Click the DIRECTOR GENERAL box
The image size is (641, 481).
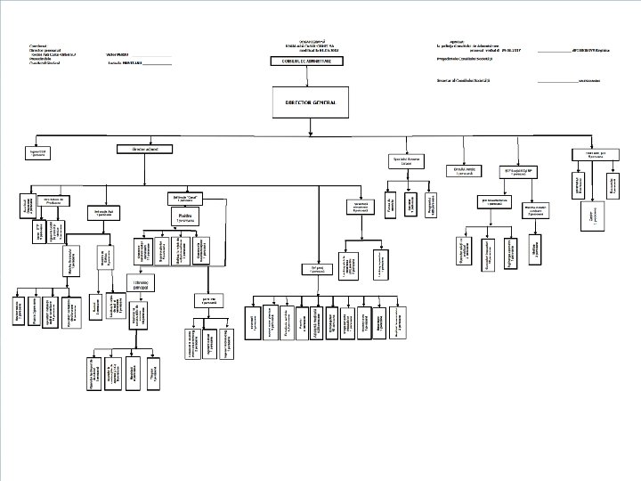point(310,103)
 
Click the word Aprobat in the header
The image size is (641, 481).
point(460,39)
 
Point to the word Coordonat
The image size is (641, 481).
point(38,45)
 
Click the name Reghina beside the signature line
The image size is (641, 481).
point(604,51)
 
